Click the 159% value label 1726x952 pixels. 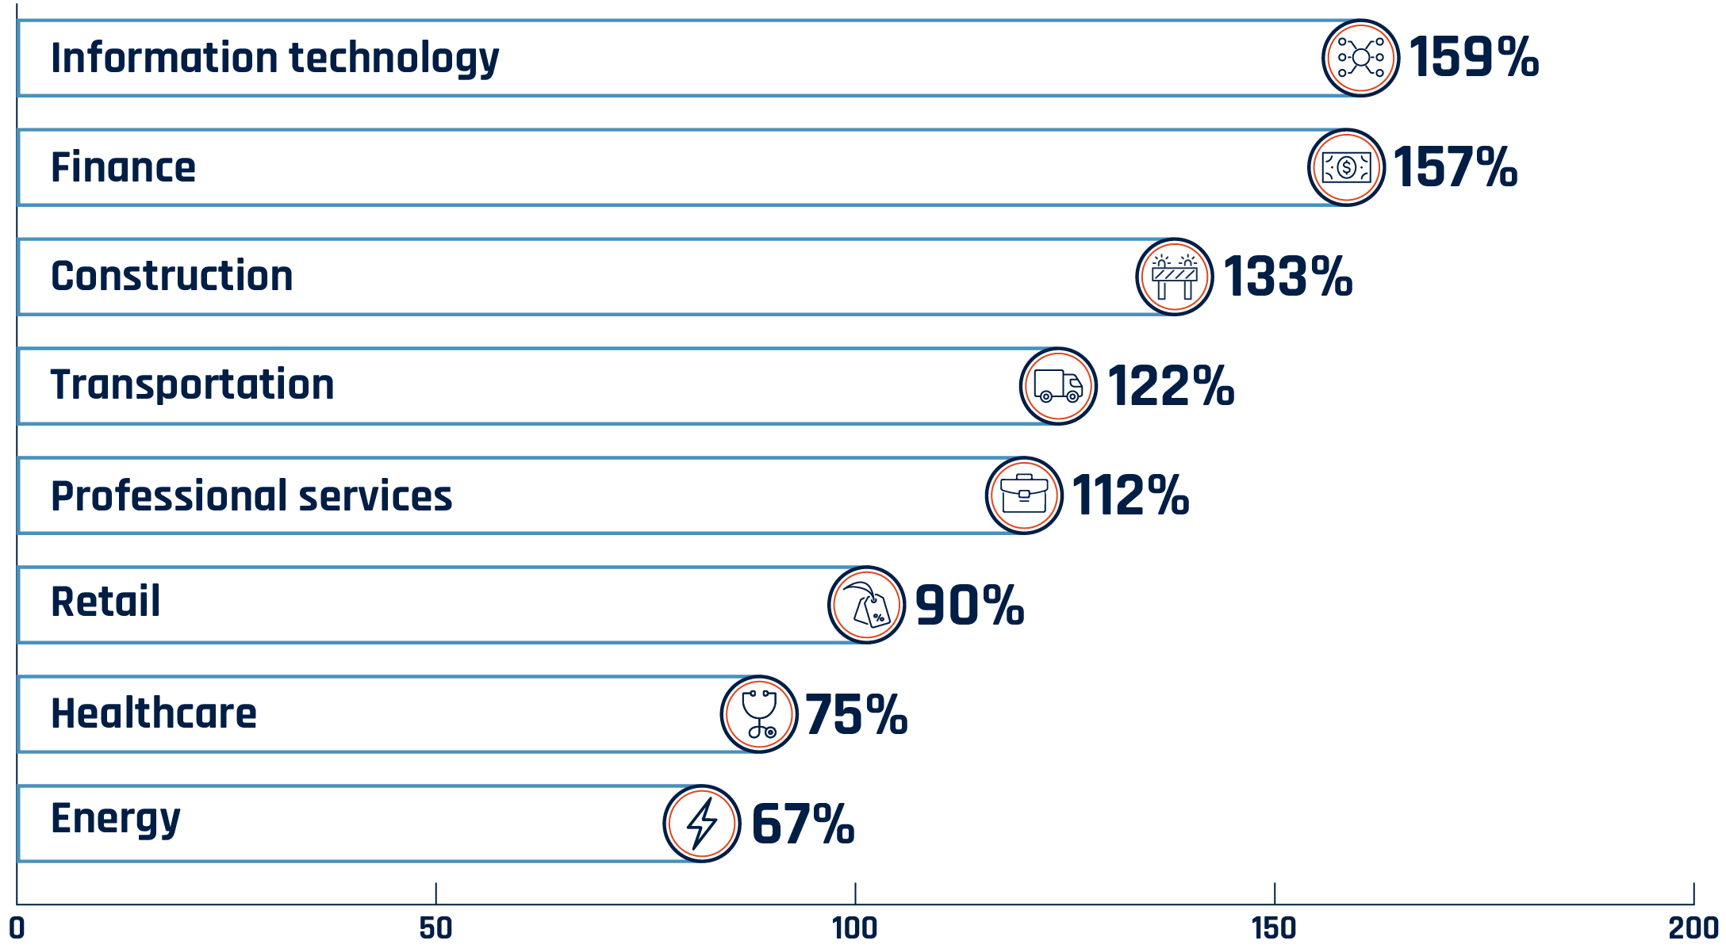[1473, 58]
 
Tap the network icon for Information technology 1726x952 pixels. [1360, 58]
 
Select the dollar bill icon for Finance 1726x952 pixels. [1346, 167]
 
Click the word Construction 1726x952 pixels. [171, 276]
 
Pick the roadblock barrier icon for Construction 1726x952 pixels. [1174, 277]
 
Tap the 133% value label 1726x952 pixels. [1287, 277]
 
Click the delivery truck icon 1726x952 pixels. [1058, 386]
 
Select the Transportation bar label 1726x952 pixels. [192, 385]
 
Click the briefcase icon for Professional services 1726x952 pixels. [1024, 495]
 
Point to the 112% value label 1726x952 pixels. [1130, 495]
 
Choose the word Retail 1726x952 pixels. [105, 602]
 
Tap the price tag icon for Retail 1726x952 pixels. [866, 605]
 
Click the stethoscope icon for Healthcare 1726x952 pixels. [759, 714]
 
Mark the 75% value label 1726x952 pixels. [855, 714]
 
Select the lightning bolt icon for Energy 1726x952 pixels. [702, 824]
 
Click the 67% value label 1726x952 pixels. [802, 824]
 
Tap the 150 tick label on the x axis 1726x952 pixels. [1273, 927]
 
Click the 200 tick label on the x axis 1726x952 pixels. [1693, 927]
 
